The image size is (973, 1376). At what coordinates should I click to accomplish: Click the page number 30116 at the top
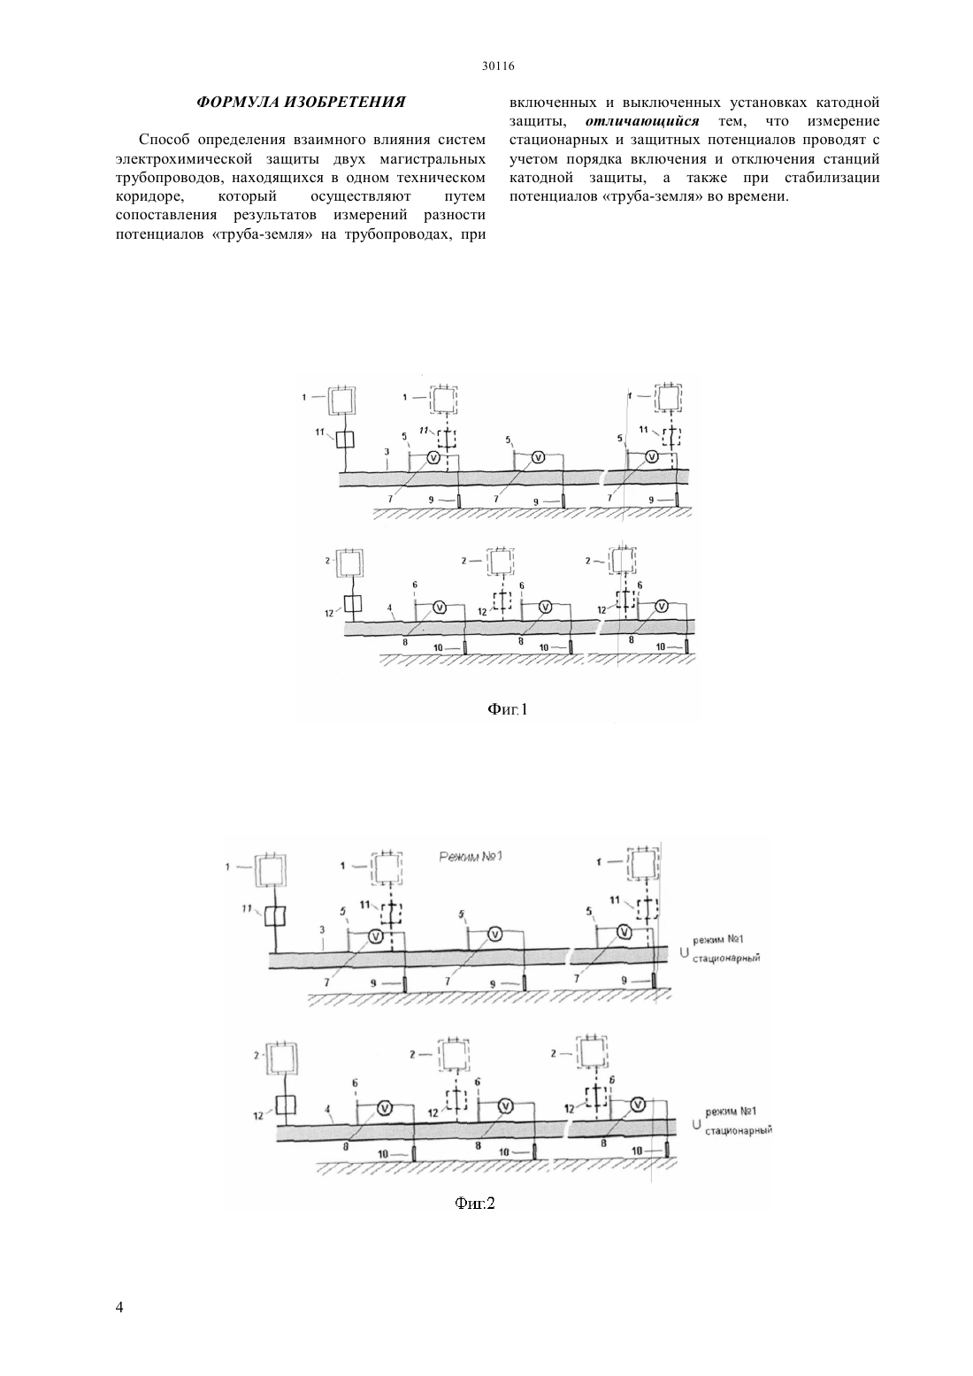497,66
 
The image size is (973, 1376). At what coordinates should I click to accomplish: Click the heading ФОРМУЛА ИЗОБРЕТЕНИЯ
301,102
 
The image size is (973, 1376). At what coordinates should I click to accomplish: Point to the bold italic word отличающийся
642,121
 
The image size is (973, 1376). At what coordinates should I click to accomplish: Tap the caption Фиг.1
508,709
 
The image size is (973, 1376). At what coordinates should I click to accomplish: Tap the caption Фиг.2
474,1203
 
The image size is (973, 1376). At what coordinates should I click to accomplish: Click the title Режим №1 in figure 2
471,856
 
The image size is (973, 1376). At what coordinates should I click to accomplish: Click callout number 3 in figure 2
322,930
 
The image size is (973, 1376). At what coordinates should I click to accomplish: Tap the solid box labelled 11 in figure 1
345,440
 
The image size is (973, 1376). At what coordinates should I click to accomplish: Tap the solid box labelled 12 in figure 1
353,604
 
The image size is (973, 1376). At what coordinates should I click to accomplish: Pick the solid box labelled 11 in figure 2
274,918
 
